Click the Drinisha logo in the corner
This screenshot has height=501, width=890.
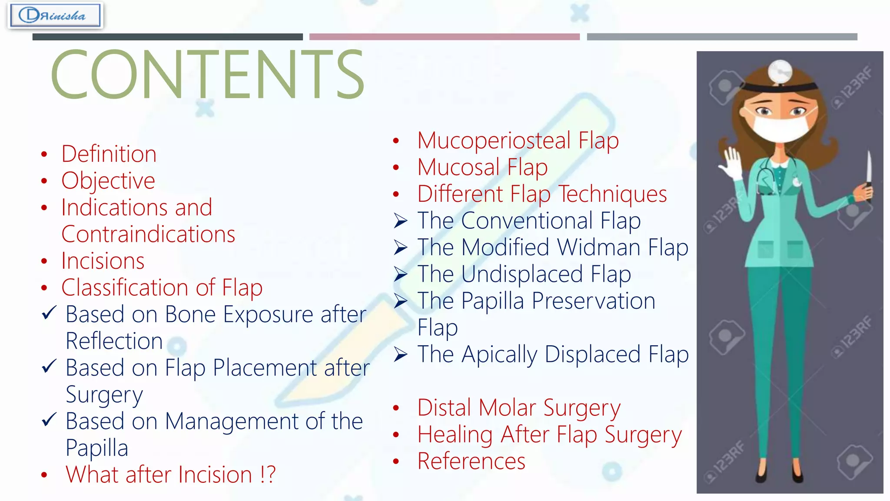coord(55,16)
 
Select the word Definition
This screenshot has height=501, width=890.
coord(109,154)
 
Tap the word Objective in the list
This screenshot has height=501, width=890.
coord(108,181)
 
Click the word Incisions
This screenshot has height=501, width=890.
coord(103,261)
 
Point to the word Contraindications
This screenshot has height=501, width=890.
coord(148,234)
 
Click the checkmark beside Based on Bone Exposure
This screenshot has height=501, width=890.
coord(49,312)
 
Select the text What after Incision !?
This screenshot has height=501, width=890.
coord(170,474)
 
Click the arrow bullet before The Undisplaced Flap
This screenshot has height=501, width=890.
coord(400,274)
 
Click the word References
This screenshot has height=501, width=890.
coord(471,461)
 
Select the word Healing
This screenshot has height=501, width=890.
coord(455,434)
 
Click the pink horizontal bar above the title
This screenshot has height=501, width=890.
coord(444,37)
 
